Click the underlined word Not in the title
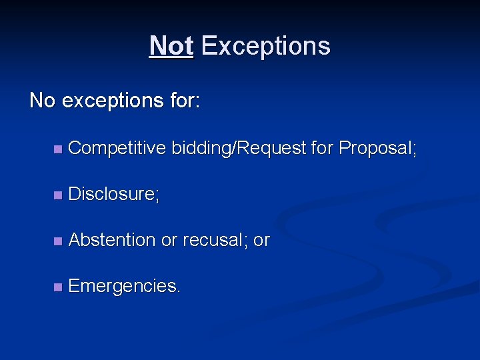pyautogui.click(x=171, y=46)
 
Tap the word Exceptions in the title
pyautogui.click(x=265, y=46)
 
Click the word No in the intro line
pyautogui.click(x=43, y=101)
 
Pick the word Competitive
pyautogui.click(x=117, y=148)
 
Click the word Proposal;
pyautogui.click(x=378, y=148)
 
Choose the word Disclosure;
pyautogui.click(x=114, y=194)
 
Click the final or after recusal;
pyautogui.click(x=261, y=241)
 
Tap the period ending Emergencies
pyautogui.click(x=178, y=291)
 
